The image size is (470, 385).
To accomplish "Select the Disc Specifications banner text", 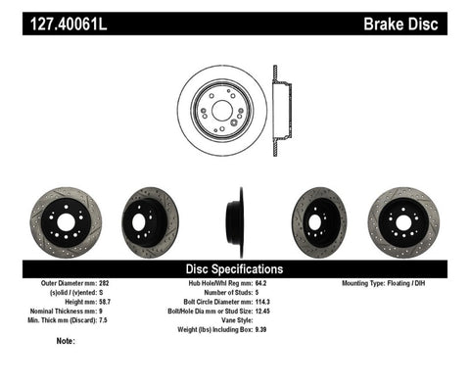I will (235, 268).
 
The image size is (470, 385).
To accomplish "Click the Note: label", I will (66, 341).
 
